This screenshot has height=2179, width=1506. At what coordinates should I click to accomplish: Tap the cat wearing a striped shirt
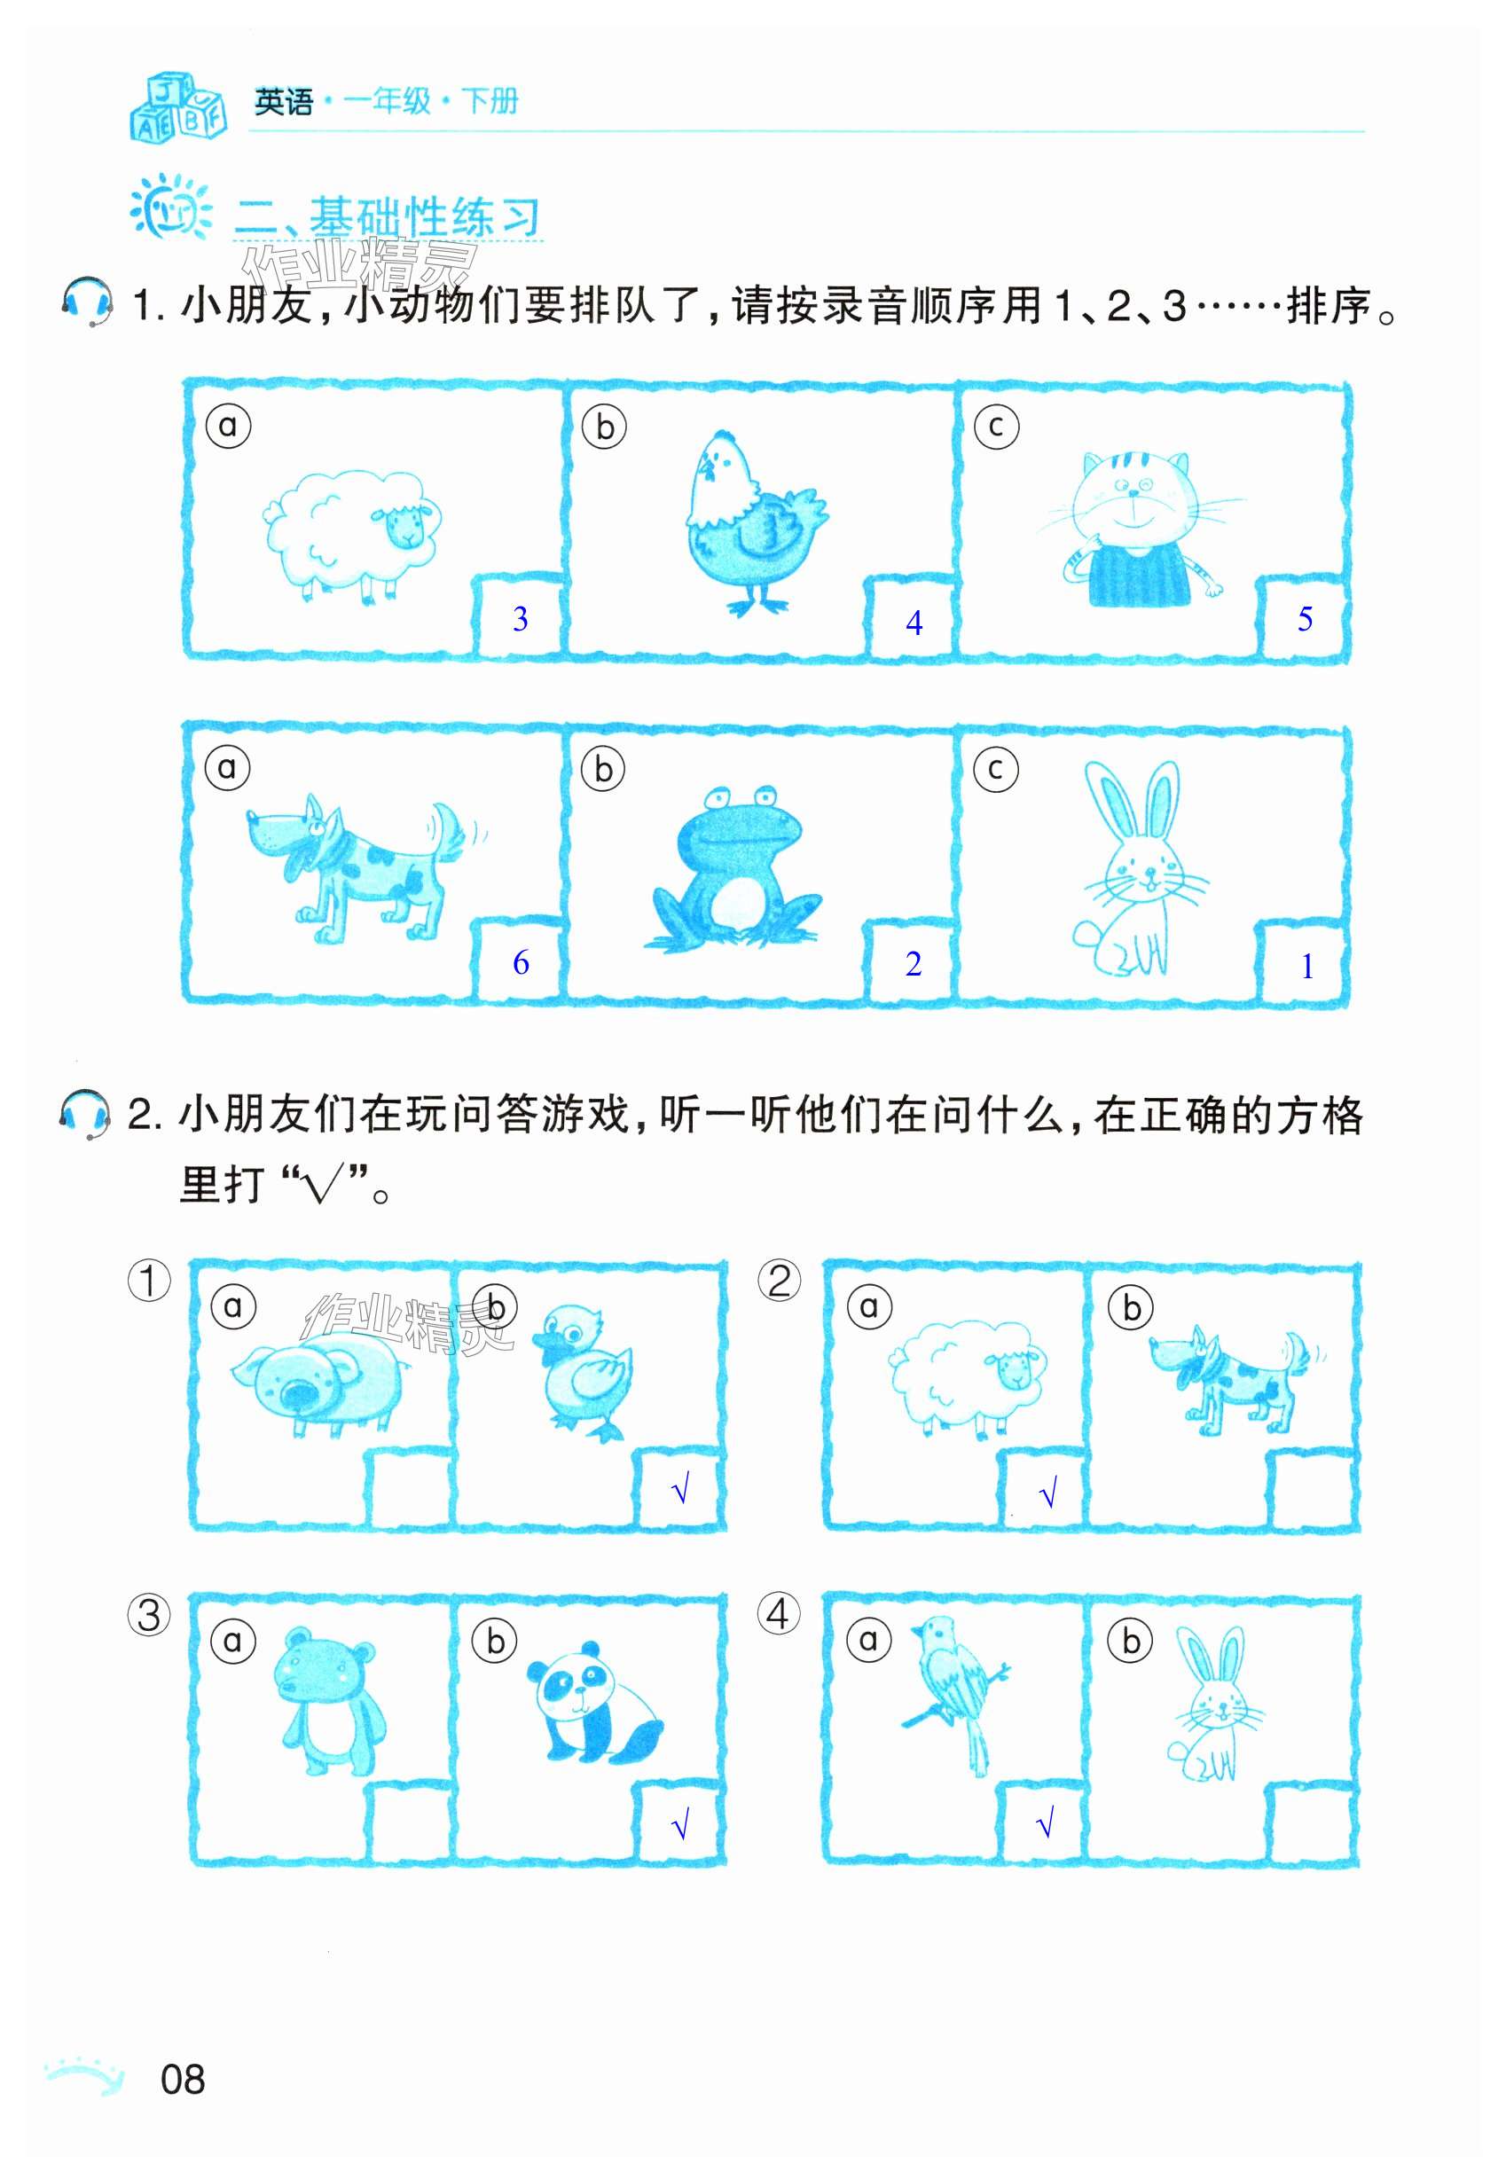tap(1142, 529)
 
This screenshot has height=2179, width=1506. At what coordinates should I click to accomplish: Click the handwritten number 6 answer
tap(520, 962)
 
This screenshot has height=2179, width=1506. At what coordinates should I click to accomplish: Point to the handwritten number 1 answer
tap(1307, 966)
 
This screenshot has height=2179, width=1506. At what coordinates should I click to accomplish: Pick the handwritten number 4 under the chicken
tap(914, 623)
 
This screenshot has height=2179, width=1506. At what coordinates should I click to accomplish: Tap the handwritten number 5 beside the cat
tap(1305, 619)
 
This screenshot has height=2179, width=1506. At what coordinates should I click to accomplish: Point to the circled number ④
tap(780, 1614)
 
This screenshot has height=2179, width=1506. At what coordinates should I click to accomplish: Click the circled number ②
tap(780, 1281)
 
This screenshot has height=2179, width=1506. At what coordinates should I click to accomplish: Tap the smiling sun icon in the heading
tap(171, 208)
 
